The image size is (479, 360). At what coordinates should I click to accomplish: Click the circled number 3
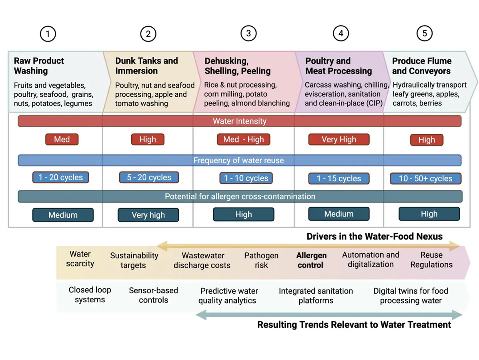249,33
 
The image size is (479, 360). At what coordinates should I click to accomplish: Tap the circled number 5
424,33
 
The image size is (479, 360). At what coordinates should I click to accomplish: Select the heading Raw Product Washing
39,66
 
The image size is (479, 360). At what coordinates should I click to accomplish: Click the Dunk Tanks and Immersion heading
146,66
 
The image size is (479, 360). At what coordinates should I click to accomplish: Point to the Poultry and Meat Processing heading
339,66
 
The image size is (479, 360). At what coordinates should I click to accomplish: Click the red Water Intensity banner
239,121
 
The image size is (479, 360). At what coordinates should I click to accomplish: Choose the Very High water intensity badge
339,140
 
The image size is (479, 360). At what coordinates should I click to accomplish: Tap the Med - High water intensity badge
243,140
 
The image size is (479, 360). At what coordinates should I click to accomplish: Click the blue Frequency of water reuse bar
239,160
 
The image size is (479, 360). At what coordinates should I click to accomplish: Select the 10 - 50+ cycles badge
425,178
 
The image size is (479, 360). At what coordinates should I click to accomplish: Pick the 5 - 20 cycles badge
149,178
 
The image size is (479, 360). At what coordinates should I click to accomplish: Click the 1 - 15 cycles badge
339,178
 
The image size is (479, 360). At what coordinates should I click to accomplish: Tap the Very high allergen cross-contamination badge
148,215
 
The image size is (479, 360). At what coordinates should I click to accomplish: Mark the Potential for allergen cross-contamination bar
240,196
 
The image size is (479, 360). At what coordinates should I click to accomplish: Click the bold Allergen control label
311,260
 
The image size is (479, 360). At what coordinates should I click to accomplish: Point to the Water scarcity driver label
80,259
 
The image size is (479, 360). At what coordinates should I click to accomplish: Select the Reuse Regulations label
431,260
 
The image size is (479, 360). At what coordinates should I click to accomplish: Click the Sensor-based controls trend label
153,295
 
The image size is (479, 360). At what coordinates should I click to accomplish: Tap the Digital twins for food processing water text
411,296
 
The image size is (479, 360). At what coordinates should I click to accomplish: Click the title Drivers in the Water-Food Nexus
375,236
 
